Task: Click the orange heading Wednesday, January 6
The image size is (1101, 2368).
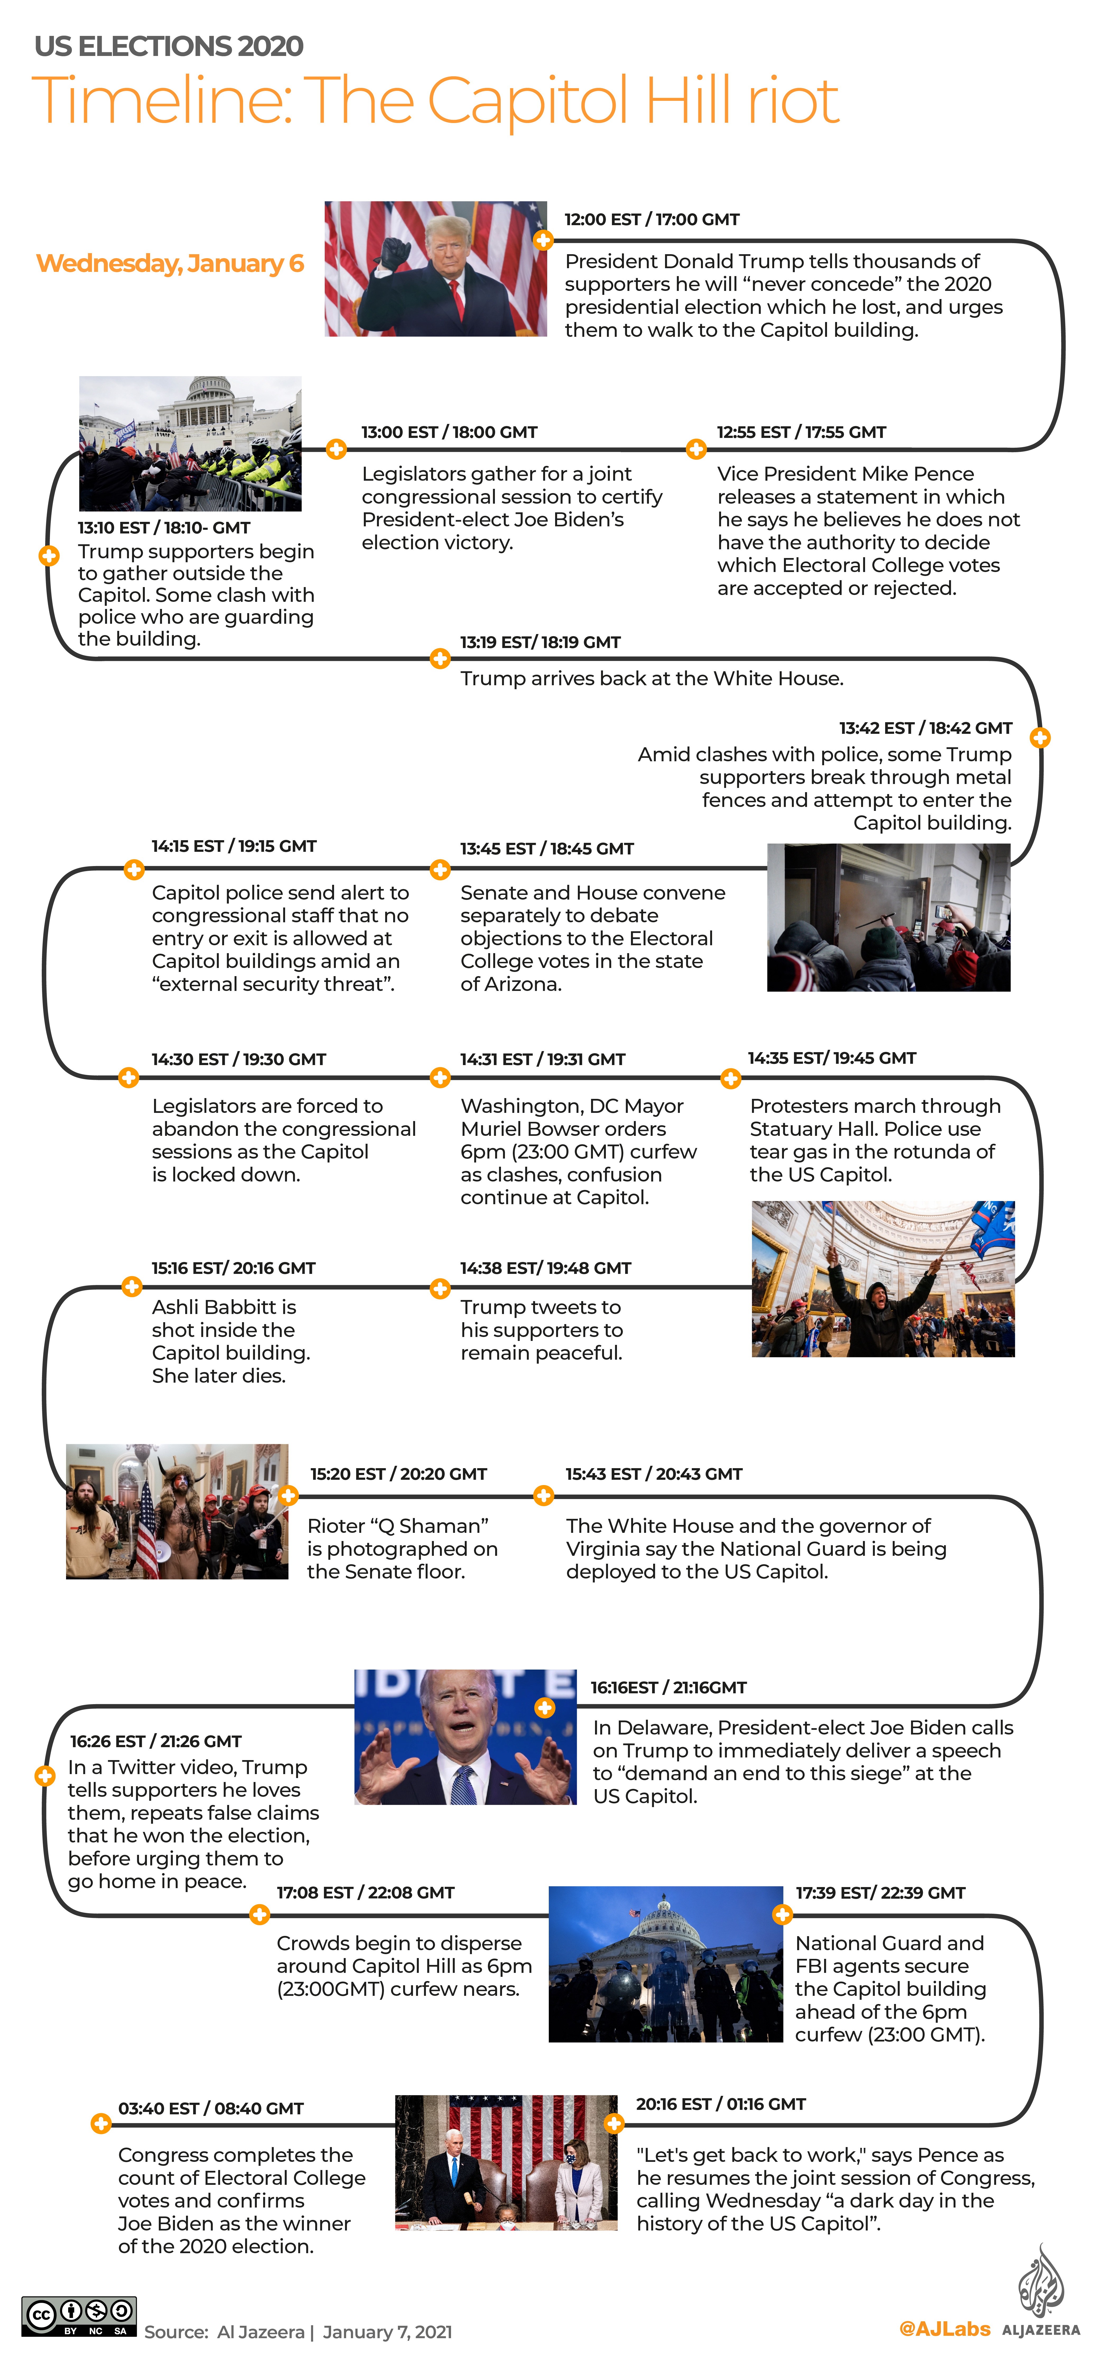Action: (170, 264)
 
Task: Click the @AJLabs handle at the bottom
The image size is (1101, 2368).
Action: (945, 2328)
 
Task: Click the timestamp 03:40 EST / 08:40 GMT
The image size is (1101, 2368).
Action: (211, 2108)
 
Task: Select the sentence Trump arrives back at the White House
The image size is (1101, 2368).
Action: (651, 678)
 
